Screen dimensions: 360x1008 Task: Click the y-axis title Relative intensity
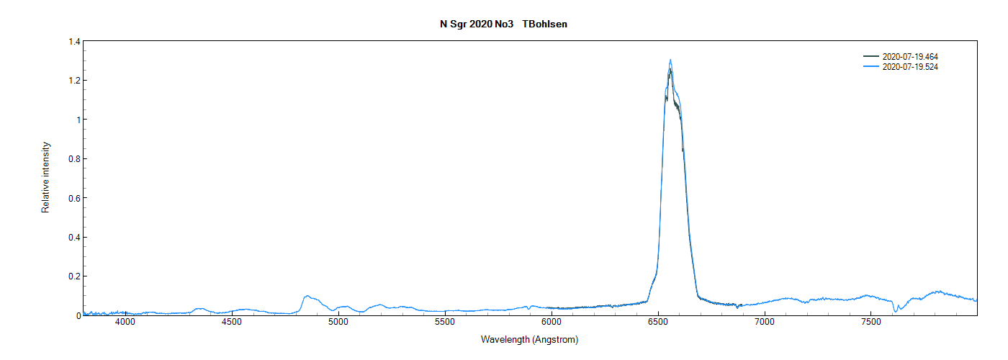tap(45, 178)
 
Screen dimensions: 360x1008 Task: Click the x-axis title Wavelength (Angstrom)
tap(529, 340)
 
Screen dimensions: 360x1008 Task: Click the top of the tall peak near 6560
tap(670, 60)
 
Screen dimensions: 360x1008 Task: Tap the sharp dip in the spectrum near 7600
tap(895, 311)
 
